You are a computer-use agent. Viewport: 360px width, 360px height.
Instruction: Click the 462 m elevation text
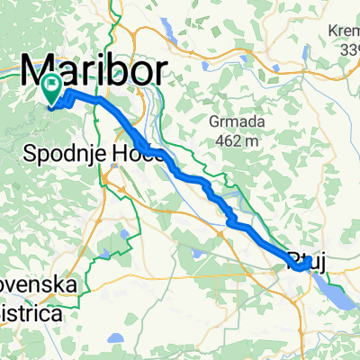click(x=233, y=139)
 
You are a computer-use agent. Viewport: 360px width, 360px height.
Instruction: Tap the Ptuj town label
click(x=309, y=262)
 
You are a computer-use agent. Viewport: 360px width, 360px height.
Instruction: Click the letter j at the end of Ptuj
click(x=320, y=263)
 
